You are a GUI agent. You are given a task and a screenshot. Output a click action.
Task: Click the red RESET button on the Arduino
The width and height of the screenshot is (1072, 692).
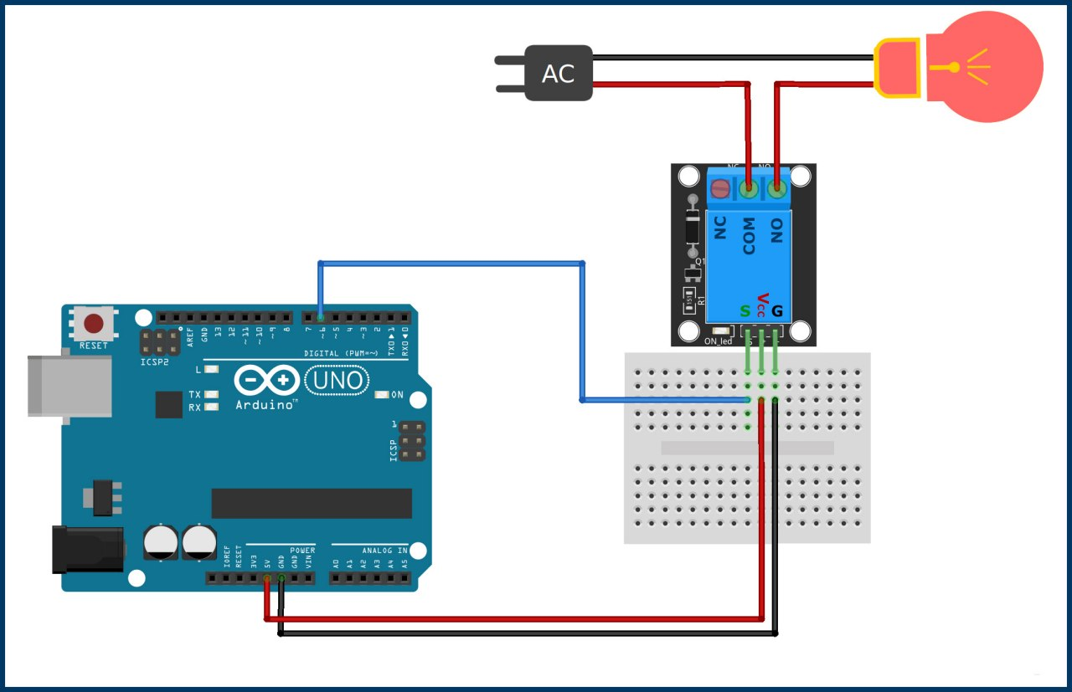[94, 323]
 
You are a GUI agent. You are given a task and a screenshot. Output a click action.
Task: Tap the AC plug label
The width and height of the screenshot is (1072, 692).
[558, 74]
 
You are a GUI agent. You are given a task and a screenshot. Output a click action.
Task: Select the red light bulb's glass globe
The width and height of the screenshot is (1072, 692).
[988, 67]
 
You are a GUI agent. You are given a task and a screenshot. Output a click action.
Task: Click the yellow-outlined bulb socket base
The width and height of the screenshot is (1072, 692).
[897, 67]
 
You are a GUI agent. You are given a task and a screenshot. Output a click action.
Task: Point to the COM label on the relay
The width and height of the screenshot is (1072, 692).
[749, 236]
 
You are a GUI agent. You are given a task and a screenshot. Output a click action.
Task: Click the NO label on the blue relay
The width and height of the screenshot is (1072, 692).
[776, 231]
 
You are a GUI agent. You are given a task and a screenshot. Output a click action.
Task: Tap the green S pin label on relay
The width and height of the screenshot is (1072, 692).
[745, 311]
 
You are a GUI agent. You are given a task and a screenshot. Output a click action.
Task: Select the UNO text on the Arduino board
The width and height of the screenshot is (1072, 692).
[338, 382]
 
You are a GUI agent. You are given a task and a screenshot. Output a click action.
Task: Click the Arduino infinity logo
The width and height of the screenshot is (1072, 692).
[266, 382]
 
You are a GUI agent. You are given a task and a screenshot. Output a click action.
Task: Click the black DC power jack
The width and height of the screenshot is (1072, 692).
[87, 549]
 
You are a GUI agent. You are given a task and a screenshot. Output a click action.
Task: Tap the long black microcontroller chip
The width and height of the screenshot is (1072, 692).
[312, 503]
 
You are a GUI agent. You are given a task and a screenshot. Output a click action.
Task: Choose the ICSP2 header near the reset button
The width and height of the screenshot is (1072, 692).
[158, 342]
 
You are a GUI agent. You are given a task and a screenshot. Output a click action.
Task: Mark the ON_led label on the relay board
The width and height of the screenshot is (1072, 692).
[718, 341]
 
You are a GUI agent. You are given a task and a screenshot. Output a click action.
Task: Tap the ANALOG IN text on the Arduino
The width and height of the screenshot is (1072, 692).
[384, 550]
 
